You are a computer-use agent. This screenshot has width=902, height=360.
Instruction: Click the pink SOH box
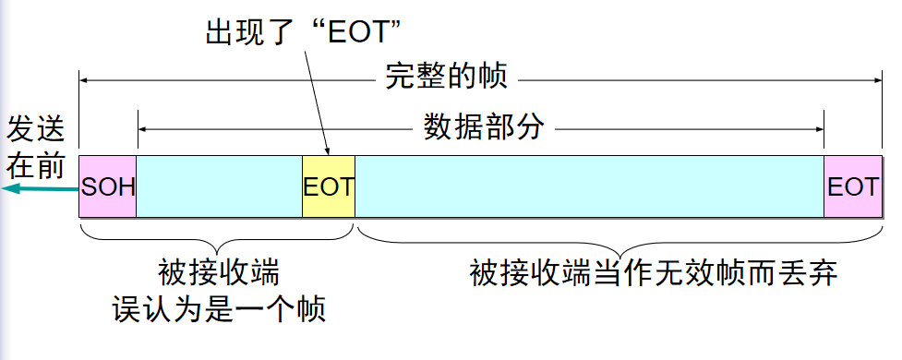(107, 186)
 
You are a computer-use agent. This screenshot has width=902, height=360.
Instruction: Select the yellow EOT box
(328, 186)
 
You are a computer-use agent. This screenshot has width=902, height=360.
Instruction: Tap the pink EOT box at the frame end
(852, 186)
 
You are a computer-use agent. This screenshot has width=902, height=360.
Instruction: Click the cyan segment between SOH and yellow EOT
(219, 186)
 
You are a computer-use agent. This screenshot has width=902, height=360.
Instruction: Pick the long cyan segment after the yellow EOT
(589, 186)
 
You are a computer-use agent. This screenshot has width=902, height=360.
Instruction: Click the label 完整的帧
(446, 76)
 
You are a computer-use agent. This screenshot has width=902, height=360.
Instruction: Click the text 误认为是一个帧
(219, 308)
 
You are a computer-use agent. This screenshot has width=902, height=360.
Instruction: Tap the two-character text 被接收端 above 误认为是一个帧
(219, 273)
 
